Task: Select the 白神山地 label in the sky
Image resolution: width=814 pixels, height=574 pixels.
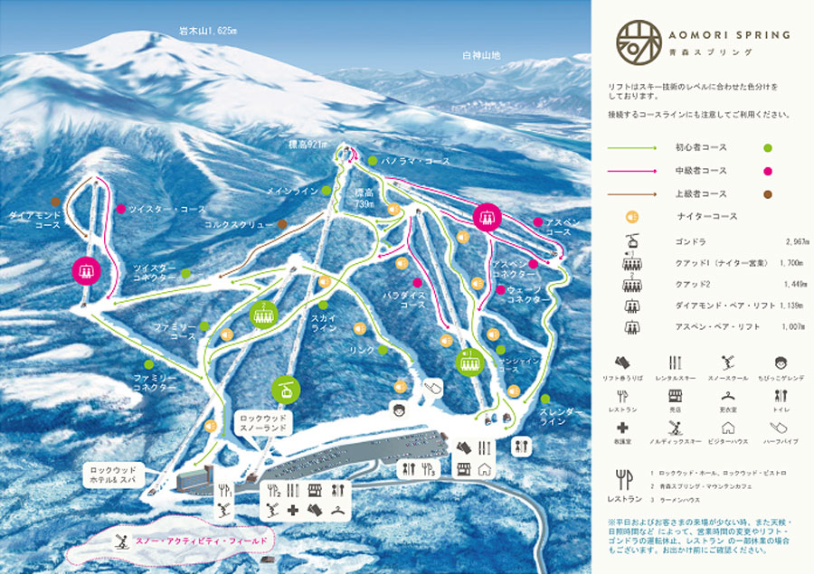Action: coord(481,56)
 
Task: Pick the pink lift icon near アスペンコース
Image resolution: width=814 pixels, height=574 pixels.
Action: coord(487,216)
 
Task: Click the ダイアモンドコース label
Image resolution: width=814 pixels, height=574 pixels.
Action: coord(33,220)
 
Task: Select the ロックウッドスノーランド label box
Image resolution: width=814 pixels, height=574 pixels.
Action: coord(262,425)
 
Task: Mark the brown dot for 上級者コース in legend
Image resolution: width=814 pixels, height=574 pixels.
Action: coord(767,194)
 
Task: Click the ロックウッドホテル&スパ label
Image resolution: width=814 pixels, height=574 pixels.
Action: coord(118,475)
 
